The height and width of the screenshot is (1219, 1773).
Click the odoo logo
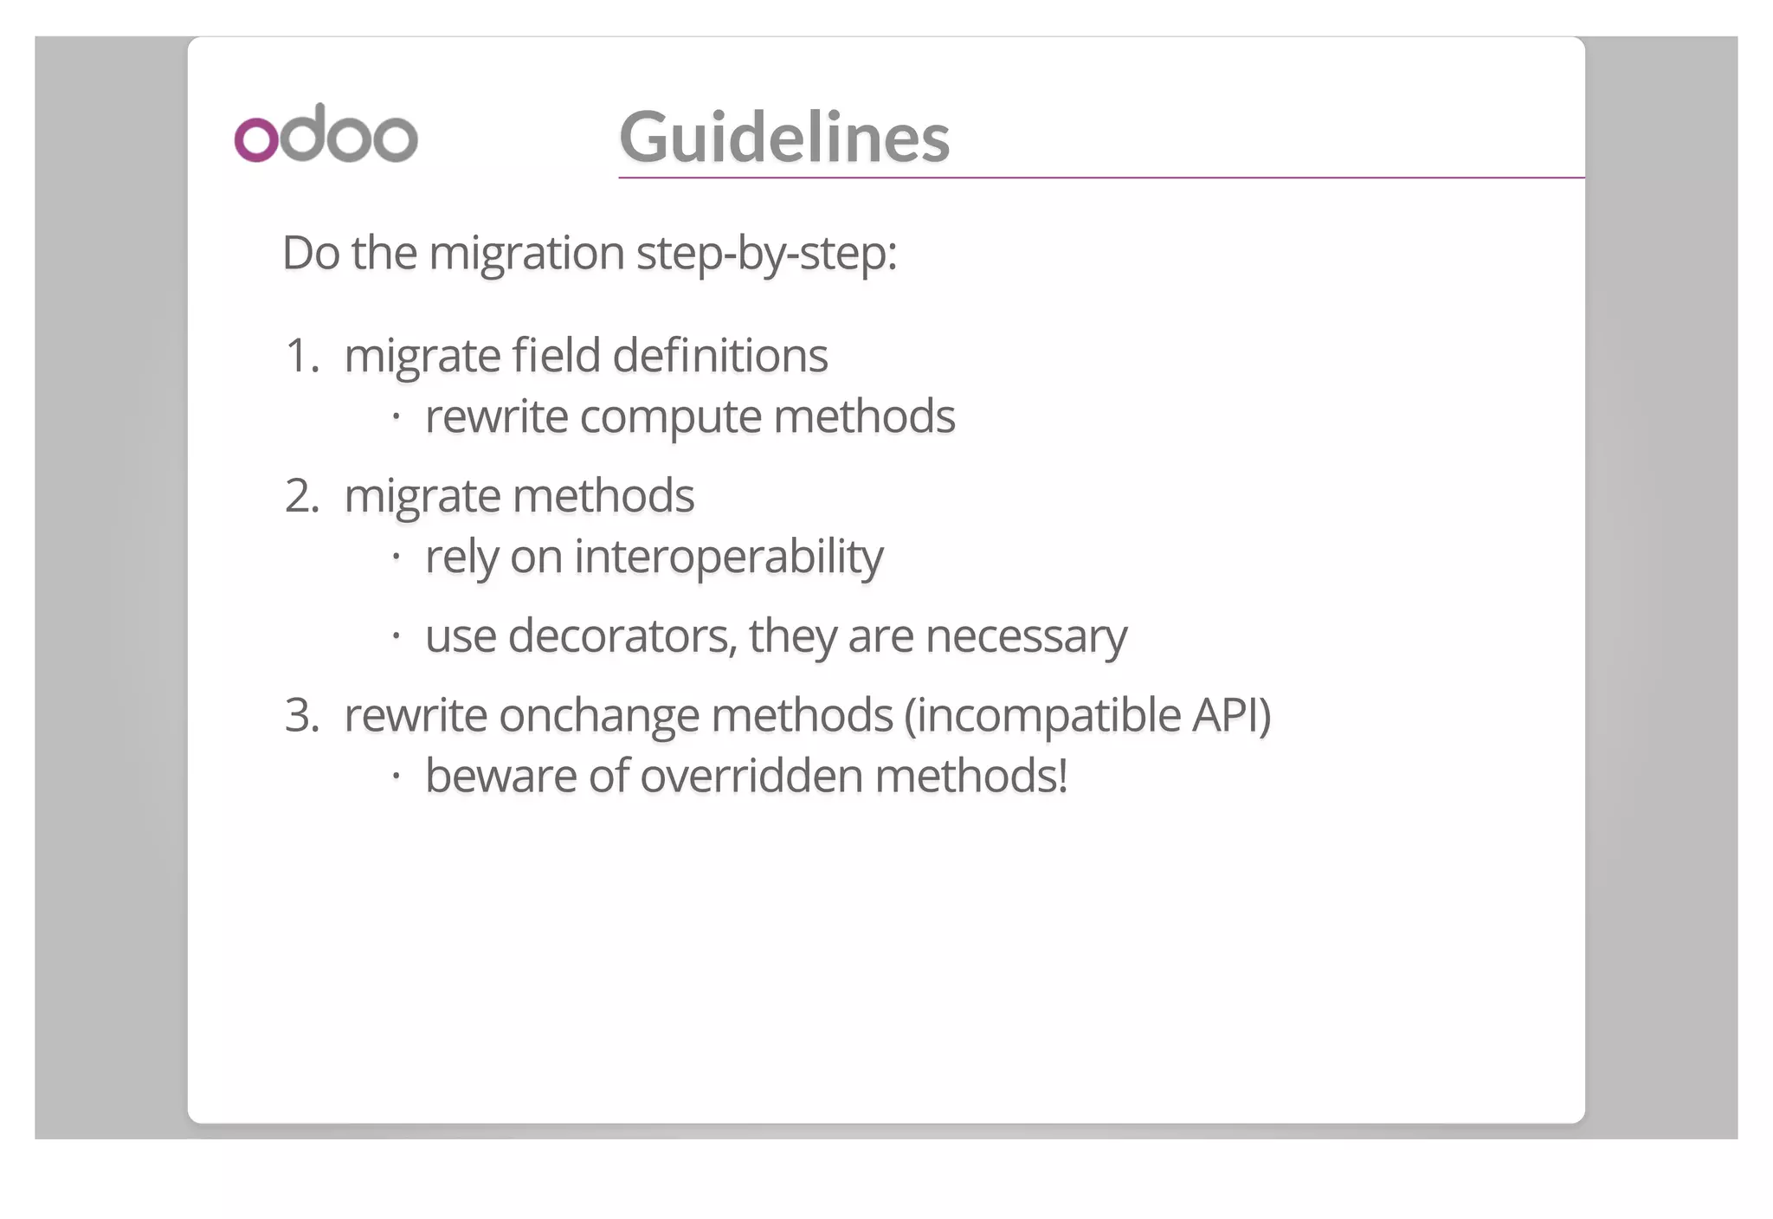[326, 134]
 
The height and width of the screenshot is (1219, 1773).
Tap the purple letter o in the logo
[256, 139]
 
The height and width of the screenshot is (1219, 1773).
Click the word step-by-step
[765, 254]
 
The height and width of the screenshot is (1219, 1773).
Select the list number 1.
[301, 356]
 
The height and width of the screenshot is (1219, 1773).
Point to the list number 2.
[301, 496]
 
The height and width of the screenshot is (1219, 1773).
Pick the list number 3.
[301, 715]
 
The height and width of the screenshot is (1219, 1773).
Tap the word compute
[670, 417]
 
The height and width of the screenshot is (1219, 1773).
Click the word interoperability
[728, 557]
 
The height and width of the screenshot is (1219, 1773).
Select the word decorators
[622, 636]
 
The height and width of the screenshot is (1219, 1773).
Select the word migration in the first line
[526, 254]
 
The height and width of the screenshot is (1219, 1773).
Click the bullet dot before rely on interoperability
[396, 557]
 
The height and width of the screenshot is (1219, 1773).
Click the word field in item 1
[555, 356]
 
